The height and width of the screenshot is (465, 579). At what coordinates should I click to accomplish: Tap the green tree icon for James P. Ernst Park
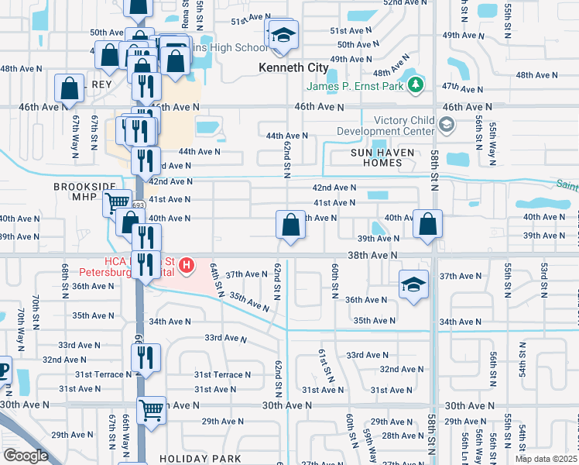416,84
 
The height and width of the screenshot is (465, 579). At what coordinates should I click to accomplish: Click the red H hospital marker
186,267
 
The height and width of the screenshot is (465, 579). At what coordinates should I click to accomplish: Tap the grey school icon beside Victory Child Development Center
446,124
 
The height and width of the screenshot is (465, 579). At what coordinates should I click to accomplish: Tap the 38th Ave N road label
372,254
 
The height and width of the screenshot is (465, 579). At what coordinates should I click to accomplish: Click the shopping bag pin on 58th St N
428,226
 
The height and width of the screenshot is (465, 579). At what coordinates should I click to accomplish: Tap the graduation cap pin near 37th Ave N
413,284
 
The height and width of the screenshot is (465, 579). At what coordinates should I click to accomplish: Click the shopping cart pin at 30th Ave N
151,410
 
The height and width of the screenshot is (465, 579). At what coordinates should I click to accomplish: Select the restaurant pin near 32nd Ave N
145,357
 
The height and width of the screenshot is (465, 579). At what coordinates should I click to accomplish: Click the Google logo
26,456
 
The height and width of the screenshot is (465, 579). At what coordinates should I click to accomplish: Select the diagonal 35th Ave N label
249,302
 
